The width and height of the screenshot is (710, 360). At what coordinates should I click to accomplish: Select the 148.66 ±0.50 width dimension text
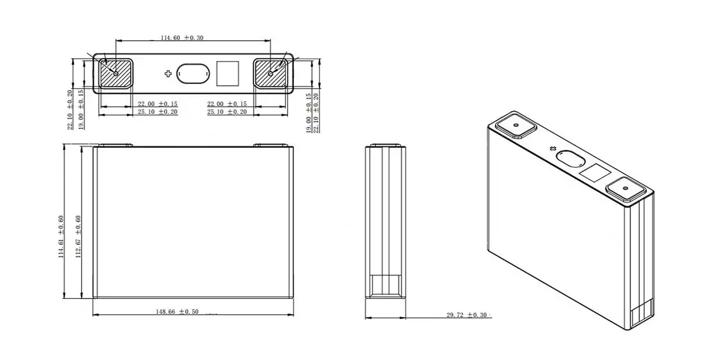coord(177,312)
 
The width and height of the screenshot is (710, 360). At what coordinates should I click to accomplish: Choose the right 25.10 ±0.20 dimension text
coord(227,112)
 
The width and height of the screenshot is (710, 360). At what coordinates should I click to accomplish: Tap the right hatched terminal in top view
coord(272,72)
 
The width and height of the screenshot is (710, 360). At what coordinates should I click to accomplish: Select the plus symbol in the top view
coord(168,73)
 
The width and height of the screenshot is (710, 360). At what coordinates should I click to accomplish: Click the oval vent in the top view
coord(193,73)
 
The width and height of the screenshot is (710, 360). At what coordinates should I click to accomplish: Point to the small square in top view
coord(227,72)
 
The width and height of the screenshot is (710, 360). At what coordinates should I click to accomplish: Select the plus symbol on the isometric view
coord(553,148)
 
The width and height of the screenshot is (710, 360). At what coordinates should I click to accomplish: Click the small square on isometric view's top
coord(594,173)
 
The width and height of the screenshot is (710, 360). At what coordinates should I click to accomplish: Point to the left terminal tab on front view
coord(113,146)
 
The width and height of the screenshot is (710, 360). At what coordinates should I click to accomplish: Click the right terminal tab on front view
coord(271,146)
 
